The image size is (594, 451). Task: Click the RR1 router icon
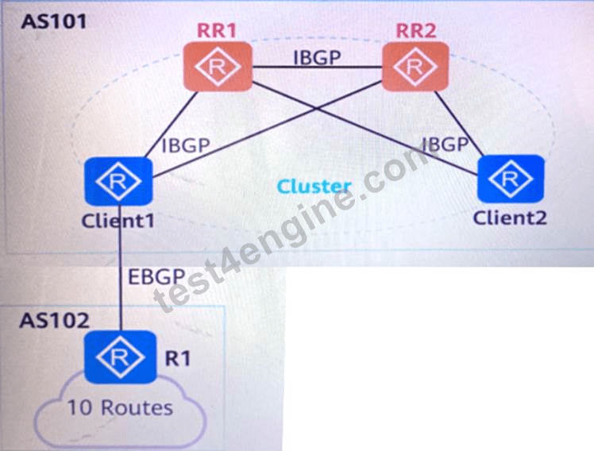tap(218, 67)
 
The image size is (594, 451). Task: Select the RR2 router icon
tap(415, 67)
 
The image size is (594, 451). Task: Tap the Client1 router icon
tap(118, 182)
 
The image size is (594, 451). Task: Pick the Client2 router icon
tap(511, 179)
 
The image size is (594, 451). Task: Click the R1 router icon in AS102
tap(120, 357)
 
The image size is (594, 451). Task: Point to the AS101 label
tap(54, 21)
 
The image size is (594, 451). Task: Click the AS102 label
tap(55, 321)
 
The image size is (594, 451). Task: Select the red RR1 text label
tap(217, 30)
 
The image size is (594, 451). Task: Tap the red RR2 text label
tap(416, 30)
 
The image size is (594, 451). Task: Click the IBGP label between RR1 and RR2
tap(317, 57)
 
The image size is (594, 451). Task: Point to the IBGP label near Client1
tap(186, 145)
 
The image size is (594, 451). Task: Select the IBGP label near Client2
tap(445, 145)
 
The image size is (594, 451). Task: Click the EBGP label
tap(156, 277)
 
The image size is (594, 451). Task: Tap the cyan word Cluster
tap(314, 187)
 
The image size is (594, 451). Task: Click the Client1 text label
tap(118, 221)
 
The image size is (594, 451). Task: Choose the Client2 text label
tap(510, 218)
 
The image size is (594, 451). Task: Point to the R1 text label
tap(178, 358)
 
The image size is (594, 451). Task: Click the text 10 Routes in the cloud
tap(120, 408)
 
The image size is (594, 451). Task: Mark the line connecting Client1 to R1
tap(120, 268)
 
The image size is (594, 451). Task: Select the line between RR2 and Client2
tap(459, 123)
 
